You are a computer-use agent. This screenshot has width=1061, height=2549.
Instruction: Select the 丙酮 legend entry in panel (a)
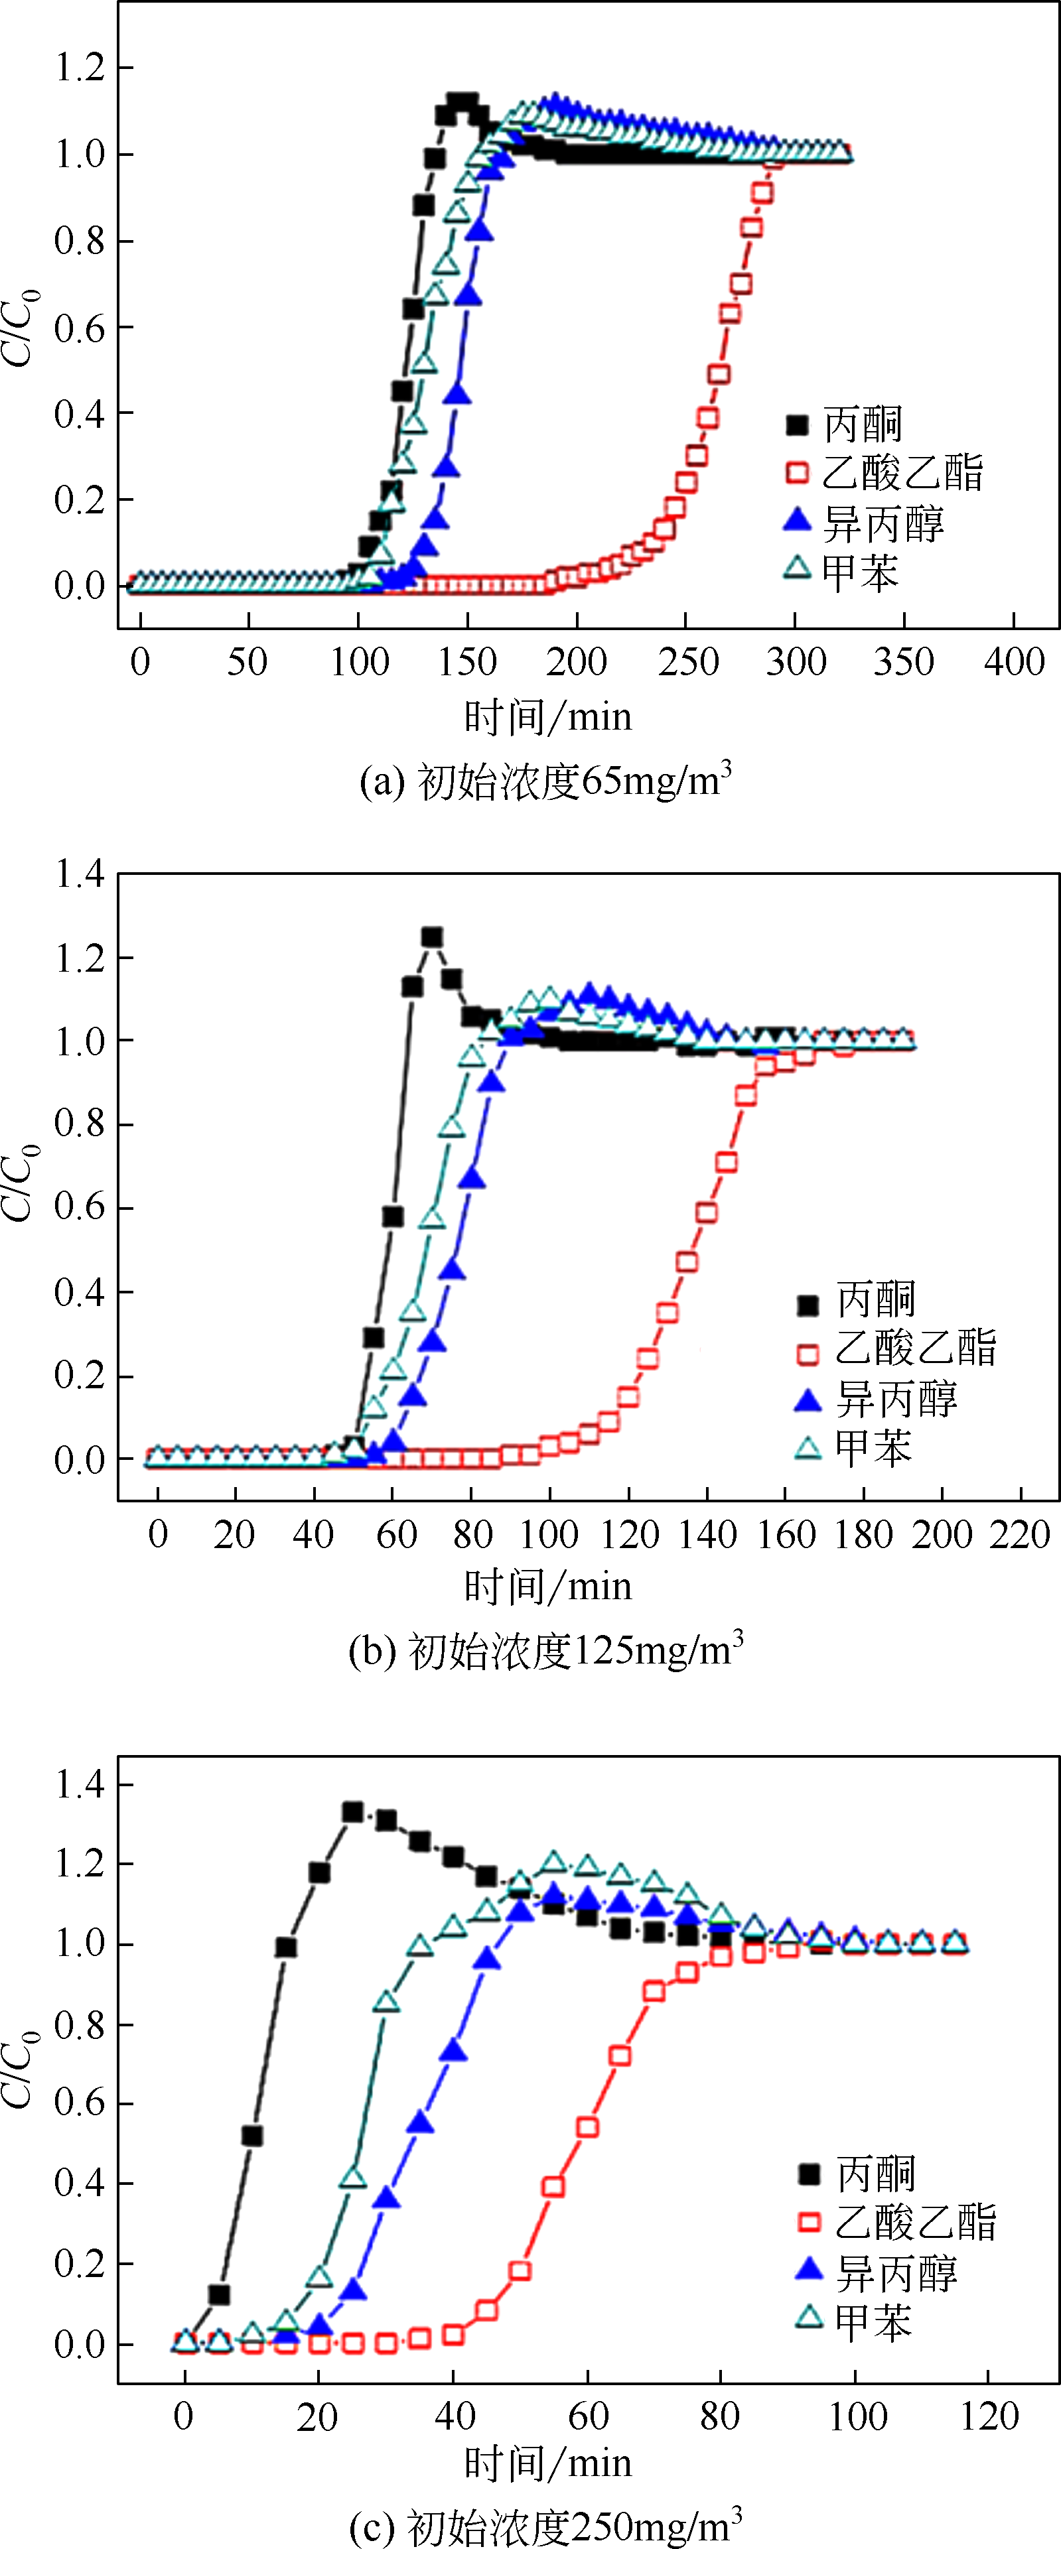843,425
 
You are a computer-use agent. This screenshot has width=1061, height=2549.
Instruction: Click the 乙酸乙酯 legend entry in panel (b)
896,1348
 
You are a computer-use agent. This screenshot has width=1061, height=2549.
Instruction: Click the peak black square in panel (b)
431,937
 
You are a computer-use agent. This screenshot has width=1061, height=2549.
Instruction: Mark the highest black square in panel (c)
352,1812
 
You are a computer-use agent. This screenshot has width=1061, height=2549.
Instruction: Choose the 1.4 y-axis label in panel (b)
79,874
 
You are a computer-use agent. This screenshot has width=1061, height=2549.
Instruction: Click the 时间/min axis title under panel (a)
547,716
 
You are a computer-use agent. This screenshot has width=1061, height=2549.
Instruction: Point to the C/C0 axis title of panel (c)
20,2072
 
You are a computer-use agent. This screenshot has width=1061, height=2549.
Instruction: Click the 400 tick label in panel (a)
1013,661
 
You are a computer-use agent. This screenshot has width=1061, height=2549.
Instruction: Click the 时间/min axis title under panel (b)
547,1586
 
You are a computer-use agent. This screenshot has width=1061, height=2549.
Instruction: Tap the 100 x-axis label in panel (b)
549,1535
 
